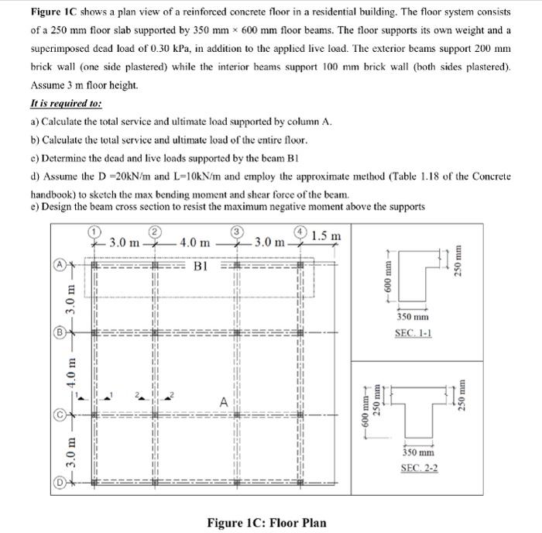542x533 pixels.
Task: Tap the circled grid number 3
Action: point(238,231)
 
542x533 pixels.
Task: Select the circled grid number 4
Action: point(302,231)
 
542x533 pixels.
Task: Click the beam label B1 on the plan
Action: point(201,266)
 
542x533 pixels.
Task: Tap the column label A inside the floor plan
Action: point(224,402)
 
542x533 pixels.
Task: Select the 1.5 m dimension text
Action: point(326,235)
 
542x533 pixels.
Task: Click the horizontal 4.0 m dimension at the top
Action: point(194,242)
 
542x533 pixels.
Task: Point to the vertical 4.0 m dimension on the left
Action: point(70,374)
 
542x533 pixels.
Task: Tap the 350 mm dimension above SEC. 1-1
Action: point(413,317)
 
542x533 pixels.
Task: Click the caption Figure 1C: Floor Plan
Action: point(266,522)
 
